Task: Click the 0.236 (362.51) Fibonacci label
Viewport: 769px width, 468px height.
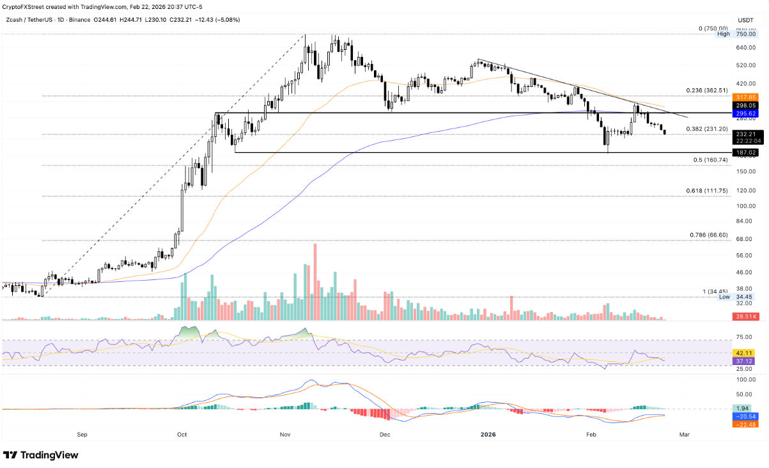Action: tap(708, 91)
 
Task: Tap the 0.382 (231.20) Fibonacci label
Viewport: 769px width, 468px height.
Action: tap(708, 129)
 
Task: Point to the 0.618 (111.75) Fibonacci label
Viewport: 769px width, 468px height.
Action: tap(708, 191)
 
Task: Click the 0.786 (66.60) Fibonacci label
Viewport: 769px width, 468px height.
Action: tap(709, 235)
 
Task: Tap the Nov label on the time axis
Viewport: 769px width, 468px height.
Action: tap(285, 434)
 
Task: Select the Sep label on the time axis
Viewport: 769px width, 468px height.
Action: tap(82, 434)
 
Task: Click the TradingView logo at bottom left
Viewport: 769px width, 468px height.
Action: tap(41, 455)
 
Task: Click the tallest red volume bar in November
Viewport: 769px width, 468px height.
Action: tap(315, 281)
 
